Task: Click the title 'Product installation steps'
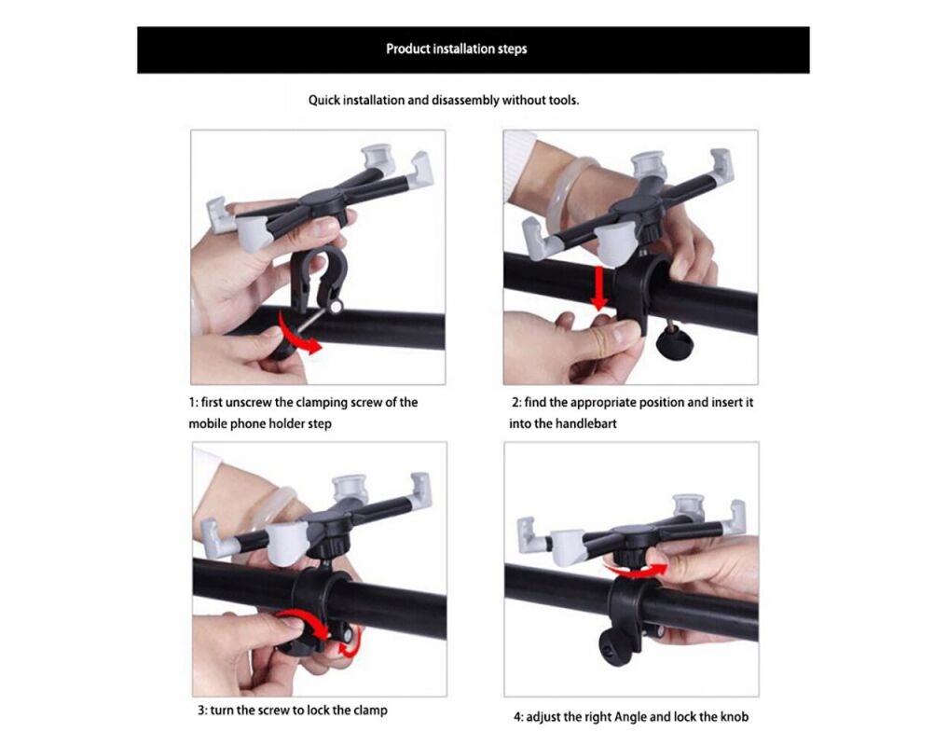click(457, 49)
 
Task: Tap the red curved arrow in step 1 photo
click(298, 334)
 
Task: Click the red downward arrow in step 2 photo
click(599, 287)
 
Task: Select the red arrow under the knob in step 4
click(636, 570)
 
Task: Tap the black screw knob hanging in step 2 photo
click(674, 342)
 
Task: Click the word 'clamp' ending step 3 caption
click(370, 711)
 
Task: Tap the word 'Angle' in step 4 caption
click(630, 718)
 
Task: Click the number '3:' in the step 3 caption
click(202, 711)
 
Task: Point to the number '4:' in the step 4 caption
click(518, 717)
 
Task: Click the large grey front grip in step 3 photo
click(288, 544)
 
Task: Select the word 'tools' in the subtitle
click(562, 101)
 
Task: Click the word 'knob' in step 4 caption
click(735, 717)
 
